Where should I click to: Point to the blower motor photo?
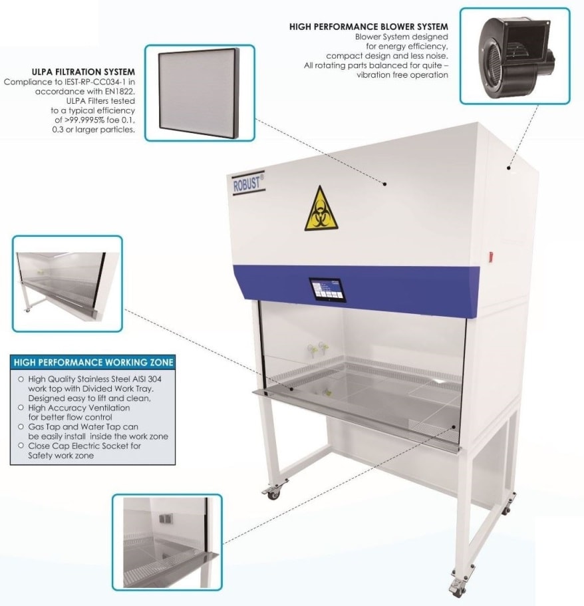pos(514,56)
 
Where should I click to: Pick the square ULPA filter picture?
pos(199,93)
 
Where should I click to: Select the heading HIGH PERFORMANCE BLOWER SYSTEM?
pos(368,27)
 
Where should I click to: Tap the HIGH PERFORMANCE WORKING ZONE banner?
pos(93,363)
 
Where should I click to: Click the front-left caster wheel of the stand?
pos(273,494)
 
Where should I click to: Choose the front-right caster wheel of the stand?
pos(460,588)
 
